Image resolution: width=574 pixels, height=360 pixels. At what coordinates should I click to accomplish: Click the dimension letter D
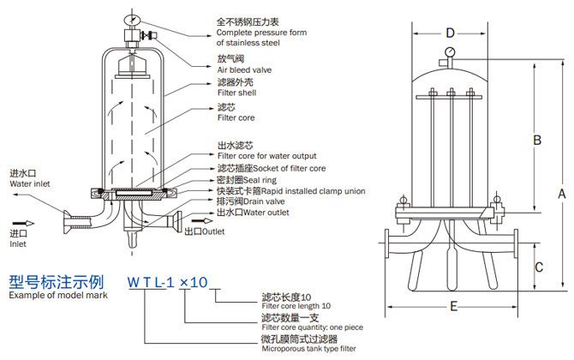click(450, 33)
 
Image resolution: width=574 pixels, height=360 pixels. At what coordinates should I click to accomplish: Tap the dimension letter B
click(536, 140)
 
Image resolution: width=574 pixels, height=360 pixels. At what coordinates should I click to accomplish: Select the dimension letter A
click(561, 194)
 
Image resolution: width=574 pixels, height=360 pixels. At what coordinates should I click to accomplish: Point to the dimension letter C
click(539, 267)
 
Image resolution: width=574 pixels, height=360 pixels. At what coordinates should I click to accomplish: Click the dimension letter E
click(453, 306)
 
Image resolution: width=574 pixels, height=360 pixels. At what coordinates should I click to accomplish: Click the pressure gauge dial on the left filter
click(132, 19)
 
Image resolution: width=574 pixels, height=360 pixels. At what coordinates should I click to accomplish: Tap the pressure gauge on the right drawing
click(450, 52)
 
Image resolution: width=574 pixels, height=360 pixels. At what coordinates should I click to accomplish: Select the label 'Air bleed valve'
click(244, 70)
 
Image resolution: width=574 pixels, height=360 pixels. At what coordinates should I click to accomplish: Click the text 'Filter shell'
click(236, 93)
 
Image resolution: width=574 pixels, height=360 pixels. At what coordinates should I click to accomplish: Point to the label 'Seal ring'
click(260, 180)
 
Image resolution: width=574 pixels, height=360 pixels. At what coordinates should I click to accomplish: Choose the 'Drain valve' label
click(264, 201)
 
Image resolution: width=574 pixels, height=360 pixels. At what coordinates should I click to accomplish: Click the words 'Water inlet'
click(30, 183)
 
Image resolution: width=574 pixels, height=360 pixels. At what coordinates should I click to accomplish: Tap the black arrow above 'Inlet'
click(23, 223)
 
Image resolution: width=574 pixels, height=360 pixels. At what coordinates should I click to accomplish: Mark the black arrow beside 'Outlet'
click(202, 221)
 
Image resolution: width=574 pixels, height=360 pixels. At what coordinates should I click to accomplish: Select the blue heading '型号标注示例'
click(57, 282)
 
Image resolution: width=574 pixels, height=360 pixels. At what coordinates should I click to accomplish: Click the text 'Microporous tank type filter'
click(308, 349)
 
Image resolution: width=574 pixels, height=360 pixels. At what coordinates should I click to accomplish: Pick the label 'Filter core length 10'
click(296, 306)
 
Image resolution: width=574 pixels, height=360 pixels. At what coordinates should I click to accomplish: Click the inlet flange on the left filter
click(67, 221)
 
